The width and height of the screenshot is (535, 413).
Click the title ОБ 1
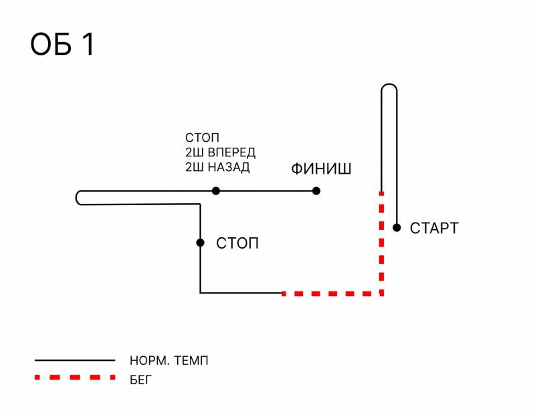point(64,45)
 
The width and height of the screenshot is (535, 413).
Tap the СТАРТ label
point(434,229)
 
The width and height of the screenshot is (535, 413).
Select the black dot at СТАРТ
point(397,228)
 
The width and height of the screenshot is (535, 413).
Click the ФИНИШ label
point(321,169)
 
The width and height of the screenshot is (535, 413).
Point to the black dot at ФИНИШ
point(316,191)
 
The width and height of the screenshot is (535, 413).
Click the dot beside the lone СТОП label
point(200,243)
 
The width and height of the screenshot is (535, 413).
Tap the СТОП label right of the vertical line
point(237,243)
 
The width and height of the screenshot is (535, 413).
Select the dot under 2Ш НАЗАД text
point(215,191)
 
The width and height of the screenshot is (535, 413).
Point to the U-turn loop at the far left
point(80,198)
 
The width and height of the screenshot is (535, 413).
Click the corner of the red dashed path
point(381,293)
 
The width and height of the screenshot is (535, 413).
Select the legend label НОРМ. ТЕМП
point(169,361)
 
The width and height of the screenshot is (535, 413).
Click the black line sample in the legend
point(75,361)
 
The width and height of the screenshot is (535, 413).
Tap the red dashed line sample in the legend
point(75,378)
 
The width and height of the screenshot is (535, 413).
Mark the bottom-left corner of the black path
point(201,293)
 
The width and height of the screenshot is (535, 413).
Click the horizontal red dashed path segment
point(331,293)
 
